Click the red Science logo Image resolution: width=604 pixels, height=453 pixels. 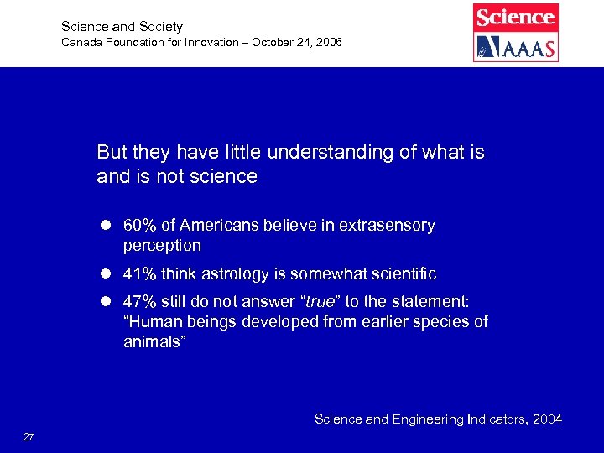point(516,17)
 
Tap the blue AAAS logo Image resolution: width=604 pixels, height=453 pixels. point(516,47)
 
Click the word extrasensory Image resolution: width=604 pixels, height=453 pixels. point(387,226)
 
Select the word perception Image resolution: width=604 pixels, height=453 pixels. point(162,246)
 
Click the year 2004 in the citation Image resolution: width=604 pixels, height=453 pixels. point(545,419)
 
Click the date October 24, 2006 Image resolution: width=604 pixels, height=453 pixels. point(294,42)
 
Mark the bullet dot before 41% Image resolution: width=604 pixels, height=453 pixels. point(107,274)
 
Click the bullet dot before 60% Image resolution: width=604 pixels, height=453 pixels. point(107,226)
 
